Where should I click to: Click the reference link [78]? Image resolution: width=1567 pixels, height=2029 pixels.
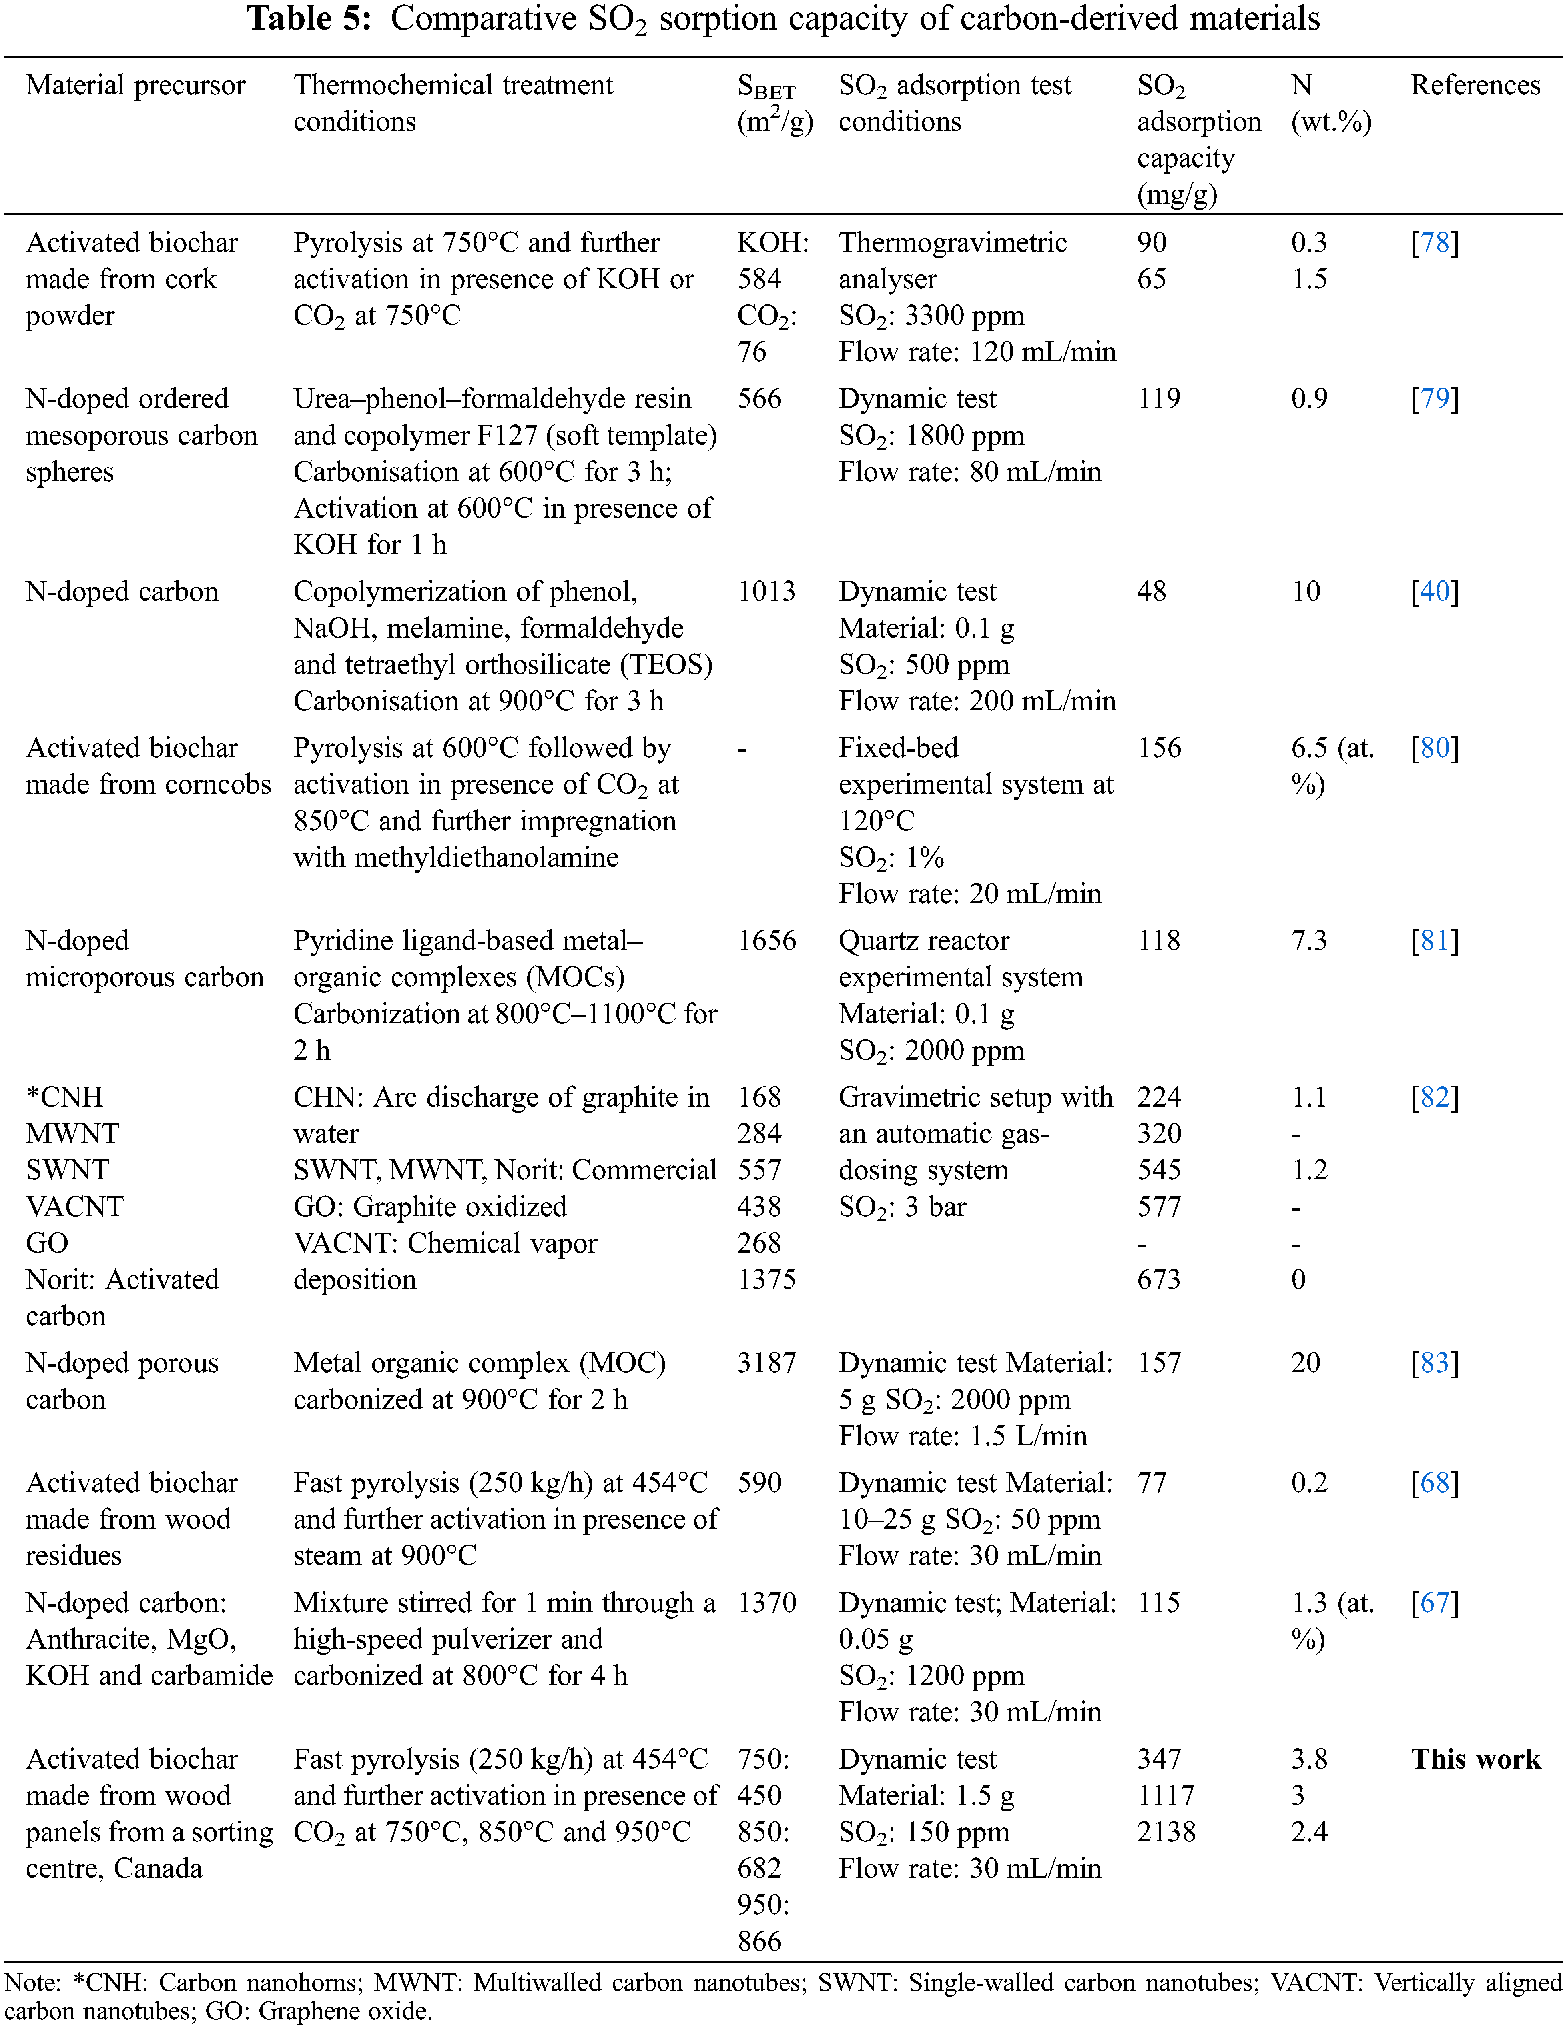coord(1434,242)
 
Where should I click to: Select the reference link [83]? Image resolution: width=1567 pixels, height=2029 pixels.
coord(1434,1363)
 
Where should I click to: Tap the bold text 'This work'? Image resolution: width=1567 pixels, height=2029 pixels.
coord(1475,1760)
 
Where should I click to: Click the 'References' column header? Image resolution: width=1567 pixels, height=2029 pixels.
coord(1475,86)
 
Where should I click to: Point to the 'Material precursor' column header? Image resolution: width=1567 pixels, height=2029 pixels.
coord(136,86)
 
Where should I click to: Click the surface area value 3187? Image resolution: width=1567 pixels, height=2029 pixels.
coord(767,1363)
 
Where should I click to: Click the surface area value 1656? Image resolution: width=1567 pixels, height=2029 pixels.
coord(767,941)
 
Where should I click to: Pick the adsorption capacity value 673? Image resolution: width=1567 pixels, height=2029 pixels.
coord(1158,1279)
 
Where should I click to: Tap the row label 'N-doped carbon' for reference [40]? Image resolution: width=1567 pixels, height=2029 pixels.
coord(122,592)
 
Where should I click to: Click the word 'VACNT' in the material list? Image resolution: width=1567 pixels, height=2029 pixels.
coord(74,1207)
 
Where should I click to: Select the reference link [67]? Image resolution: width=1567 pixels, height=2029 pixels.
coord(1434,1603)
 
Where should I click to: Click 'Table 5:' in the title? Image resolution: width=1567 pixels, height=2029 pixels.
coord(309,18)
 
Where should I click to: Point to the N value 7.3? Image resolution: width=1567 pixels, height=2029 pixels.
coord(1308,941)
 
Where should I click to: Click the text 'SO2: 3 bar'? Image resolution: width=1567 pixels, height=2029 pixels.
coord(901,1207)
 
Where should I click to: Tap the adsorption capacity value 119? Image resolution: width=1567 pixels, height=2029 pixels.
coord(1158,398)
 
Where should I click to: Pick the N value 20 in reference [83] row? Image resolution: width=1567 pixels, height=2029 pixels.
coord(1305,1363)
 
